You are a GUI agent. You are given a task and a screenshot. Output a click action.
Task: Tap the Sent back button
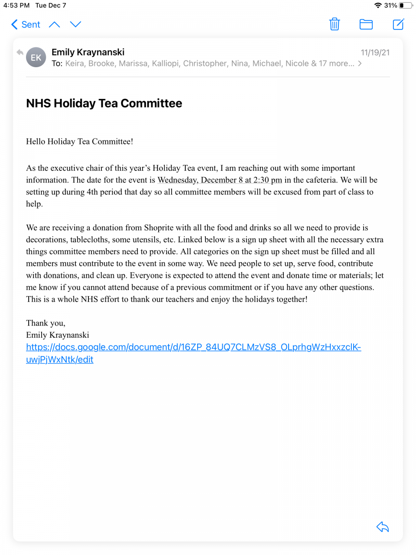tap(26, 25)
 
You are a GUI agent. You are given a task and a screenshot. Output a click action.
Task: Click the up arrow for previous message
tap(55, 25)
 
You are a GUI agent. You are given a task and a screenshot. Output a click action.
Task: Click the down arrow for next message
tap(75, 25)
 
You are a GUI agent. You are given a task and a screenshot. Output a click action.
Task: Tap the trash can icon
tap(335, 24)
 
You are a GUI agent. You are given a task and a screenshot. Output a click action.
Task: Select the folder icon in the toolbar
tap(366, 24)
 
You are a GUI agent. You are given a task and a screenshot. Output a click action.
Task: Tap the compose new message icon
tap(398, 24)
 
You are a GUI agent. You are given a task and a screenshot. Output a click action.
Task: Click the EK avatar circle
tap(36, 57)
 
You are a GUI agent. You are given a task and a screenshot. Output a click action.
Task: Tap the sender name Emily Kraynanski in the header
tap(88, 52)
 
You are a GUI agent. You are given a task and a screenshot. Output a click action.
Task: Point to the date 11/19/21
tap(375, 52)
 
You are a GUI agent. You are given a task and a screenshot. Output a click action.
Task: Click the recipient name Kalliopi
tap(165, 63)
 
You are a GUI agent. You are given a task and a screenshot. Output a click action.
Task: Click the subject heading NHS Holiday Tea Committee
tap(104, 103)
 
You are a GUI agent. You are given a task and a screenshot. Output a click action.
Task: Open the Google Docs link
tap(193, 347)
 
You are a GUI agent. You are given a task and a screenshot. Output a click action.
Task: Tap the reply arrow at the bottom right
tap(383, 527)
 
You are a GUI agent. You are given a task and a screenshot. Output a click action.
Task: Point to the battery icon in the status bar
tap(406, 6)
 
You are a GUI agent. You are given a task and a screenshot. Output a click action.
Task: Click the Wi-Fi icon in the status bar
tap(378, 6)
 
